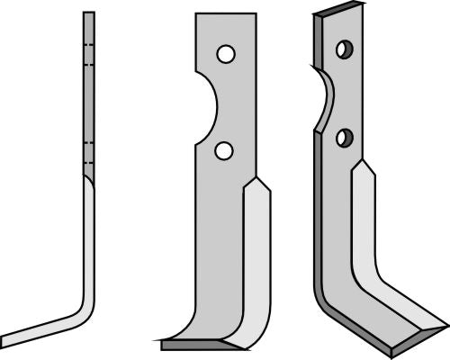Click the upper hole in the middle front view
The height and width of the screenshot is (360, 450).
[x=225, y=55]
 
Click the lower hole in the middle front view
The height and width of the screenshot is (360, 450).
[x=223, y=151]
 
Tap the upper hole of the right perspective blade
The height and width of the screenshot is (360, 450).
[x=343, y=49]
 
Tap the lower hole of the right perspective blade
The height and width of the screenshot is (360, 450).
[x=343, y=138]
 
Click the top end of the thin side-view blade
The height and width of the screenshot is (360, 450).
[x=88, y=14]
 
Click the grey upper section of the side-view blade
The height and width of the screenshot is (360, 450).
[x=88, y=99]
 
